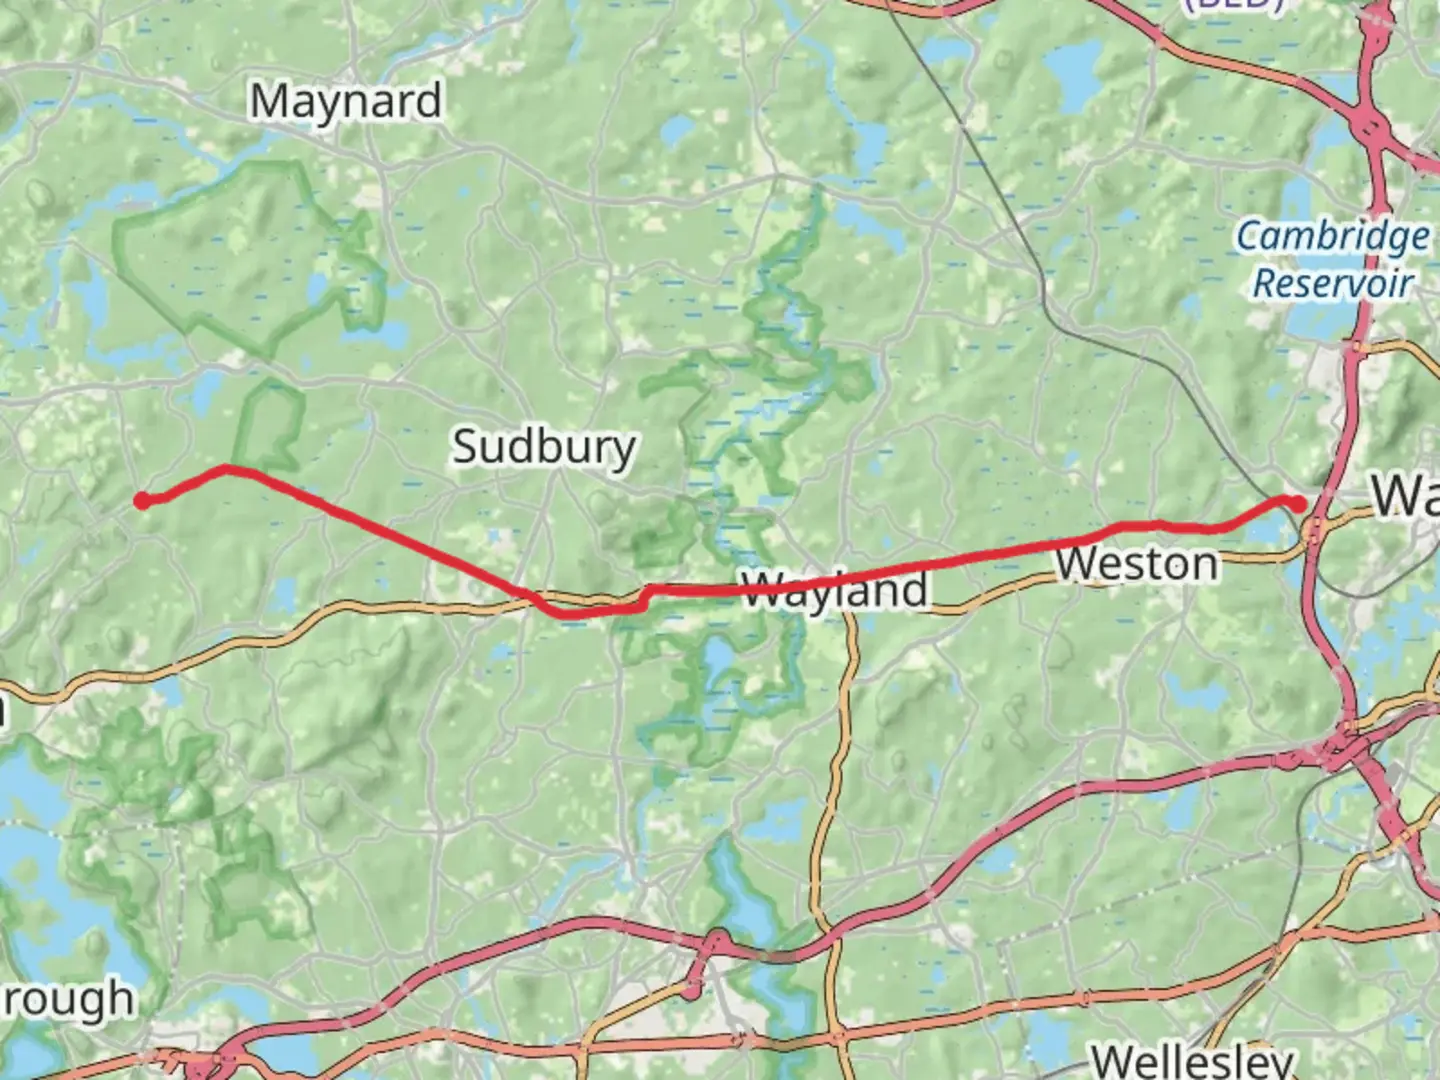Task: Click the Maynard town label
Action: (x=345, y=102)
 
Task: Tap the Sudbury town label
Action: (x=543, y=446)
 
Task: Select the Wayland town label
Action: (x=835, y=590)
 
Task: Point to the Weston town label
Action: (x=1137, y=565)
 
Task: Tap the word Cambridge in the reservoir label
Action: (x=1332, y=238)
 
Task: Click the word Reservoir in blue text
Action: (x=1332, y=283)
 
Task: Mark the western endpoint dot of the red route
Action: (x=142, y=500)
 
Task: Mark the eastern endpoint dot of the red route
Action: (x=1298, y=504)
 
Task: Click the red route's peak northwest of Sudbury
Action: (x=227, y=467)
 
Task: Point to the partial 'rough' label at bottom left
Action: (x=67, y=998)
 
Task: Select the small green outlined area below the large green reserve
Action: (x=270, y=420)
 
